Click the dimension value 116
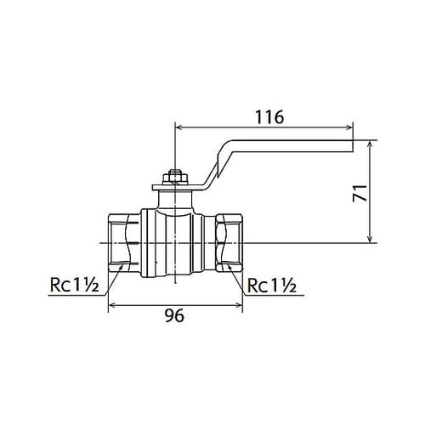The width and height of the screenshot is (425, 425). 269,117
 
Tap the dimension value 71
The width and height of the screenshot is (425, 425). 360,193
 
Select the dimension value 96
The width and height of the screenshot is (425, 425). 174,315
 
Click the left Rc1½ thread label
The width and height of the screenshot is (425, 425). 75,285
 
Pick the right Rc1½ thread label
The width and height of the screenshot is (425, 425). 272,286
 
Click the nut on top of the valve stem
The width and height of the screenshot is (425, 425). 175,178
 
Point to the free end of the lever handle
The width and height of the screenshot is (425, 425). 353,146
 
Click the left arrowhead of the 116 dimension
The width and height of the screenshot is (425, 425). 179,127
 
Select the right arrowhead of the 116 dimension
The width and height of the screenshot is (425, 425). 349,127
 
